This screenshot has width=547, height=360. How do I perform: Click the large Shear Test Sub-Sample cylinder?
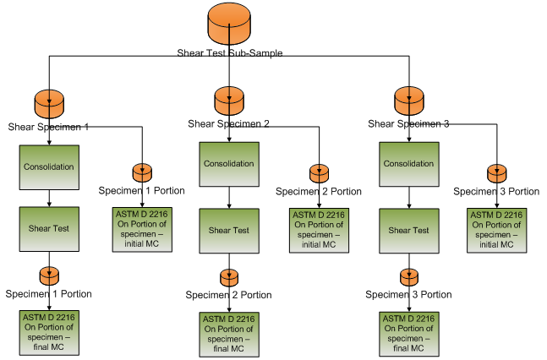click(230, 25)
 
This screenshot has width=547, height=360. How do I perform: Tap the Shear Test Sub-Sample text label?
click(230, 52)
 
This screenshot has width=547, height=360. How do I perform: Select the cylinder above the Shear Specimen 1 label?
click(49, 104)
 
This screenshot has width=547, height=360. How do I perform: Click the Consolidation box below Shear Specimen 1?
click(49, 167)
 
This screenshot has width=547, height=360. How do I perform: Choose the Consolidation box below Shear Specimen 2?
click(230, 164)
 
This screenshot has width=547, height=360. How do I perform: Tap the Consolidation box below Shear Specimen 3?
click(409, 164)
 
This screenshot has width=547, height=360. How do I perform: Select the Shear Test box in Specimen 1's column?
click(49, 226)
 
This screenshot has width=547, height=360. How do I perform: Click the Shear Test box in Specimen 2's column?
click(230, 231)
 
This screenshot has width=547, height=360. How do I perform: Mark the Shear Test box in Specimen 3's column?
click(409, 230)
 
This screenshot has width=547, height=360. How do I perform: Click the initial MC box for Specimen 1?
click(140, 229)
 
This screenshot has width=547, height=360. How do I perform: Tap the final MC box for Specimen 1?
click(49, 332)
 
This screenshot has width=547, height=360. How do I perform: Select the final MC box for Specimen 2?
click(230, 334)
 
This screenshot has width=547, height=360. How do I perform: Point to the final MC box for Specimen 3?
click(409, 334)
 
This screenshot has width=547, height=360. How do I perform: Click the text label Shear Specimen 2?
click(230, 124)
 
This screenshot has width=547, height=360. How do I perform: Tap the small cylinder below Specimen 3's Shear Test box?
click(409, 277)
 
